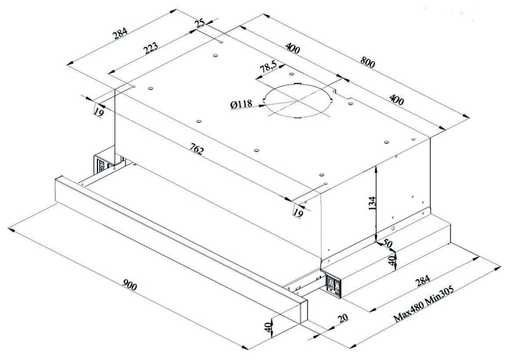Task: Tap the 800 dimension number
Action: [x=368, y=62]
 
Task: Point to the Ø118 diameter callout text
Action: [x=242, y=105]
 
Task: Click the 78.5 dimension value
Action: [x=268, y=67]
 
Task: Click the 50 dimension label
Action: [x=388, y=244]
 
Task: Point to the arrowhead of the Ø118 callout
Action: [x=263, y=106]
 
